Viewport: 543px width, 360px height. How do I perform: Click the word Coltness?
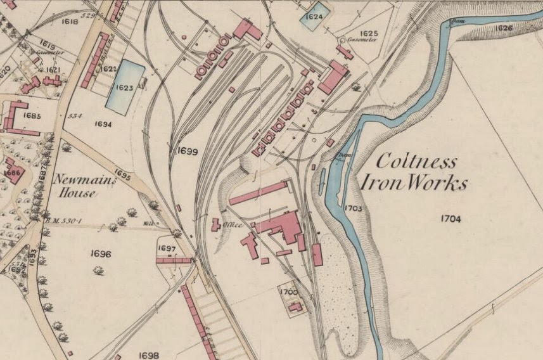(416, 161)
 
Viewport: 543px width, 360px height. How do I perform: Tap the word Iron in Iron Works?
(379, 184)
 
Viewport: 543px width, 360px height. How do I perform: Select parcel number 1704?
(449, 219)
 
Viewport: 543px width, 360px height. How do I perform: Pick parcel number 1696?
(101, 254)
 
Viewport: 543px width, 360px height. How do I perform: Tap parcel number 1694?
(103, 124)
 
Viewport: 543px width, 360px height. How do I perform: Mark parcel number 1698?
(148, 356)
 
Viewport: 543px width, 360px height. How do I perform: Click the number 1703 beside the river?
(353, 207)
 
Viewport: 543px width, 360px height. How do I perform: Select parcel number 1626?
(502, 28)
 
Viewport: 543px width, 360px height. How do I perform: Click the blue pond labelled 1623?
(124, 87)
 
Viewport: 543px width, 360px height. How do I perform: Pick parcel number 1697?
(166, 248)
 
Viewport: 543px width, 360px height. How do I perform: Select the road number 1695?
(123, 175)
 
